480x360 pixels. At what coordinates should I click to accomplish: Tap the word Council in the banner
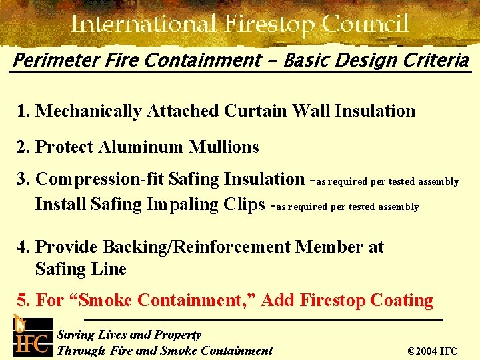click(365, 25)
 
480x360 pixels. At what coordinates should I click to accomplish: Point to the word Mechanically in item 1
click(88, 111)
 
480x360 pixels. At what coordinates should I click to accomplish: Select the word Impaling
click(182, 204)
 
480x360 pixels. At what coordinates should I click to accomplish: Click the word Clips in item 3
click(243, 204)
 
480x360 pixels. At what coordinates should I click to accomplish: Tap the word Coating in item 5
click(399, 301)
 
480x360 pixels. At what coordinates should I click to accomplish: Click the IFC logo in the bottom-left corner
click(31, 336)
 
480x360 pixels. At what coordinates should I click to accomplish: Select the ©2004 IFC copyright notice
click(432, 351)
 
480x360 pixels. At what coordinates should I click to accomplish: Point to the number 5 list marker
click(22, 301)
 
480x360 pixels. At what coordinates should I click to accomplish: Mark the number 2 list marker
click(22, 147)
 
